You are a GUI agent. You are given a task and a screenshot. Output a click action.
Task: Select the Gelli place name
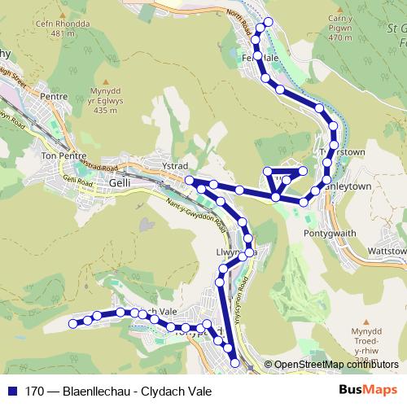click(118, 184)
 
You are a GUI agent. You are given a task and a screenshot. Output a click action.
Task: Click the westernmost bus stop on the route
click(72, 324)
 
